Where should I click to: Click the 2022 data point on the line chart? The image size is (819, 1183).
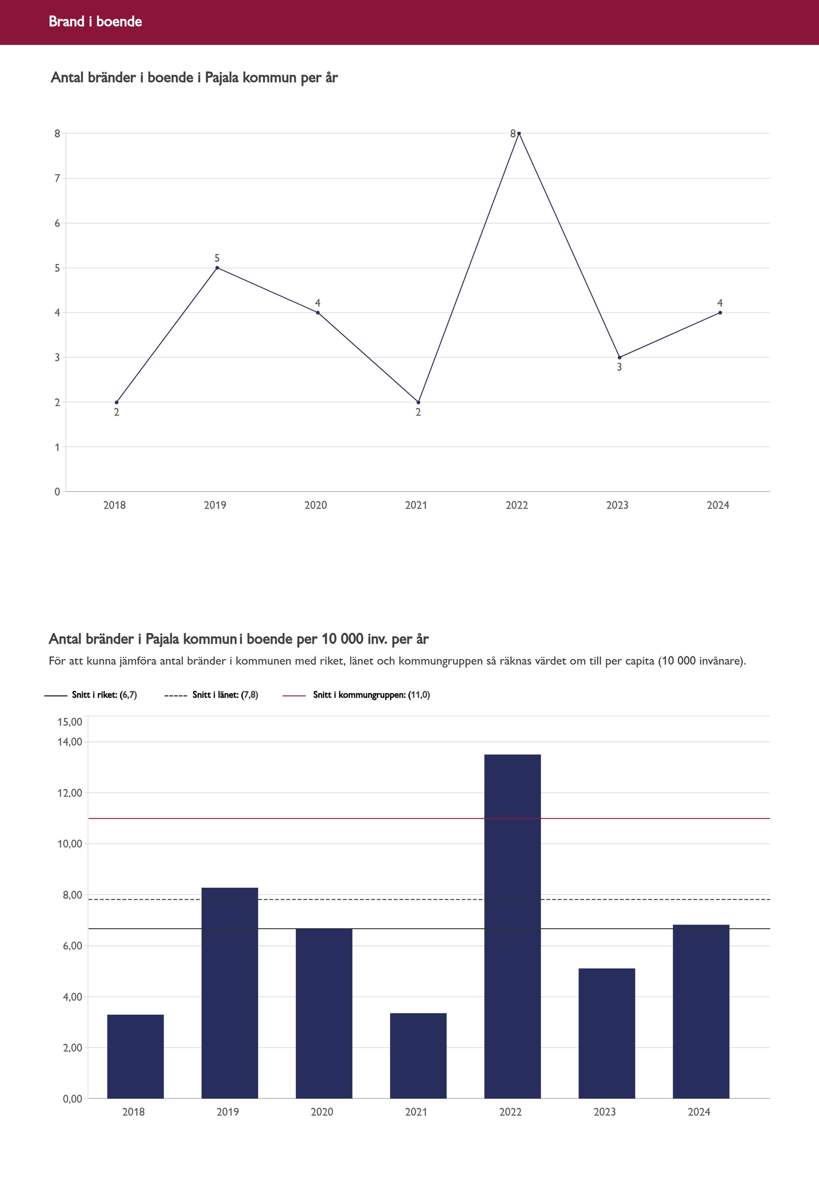coord(519,133)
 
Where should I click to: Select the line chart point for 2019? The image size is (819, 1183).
coord(217,268)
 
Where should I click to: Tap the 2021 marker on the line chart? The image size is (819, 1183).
coord(418,402)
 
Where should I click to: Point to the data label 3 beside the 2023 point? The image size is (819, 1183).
coord(619,367)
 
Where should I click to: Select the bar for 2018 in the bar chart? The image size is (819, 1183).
coord(136,1056)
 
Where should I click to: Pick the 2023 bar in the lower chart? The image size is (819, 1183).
coord(606,1033)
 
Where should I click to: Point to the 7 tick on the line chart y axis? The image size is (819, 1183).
coord(57,179)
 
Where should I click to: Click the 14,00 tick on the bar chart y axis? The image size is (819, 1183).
coord(70,742)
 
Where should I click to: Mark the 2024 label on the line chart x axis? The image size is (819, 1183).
coord(717,505)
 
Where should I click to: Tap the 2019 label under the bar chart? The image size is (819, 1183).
coord(227,1112)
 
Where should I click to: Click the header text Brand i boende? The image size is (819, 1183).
coord(95,21)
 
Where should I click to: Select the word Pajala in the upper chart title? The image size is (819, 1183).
coord(222,77)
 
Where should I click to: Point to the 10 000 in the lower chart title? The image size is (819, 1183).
coord(342,639)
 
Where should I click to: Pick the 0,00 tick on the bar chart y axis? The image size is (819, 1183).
coord(72,1098)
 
